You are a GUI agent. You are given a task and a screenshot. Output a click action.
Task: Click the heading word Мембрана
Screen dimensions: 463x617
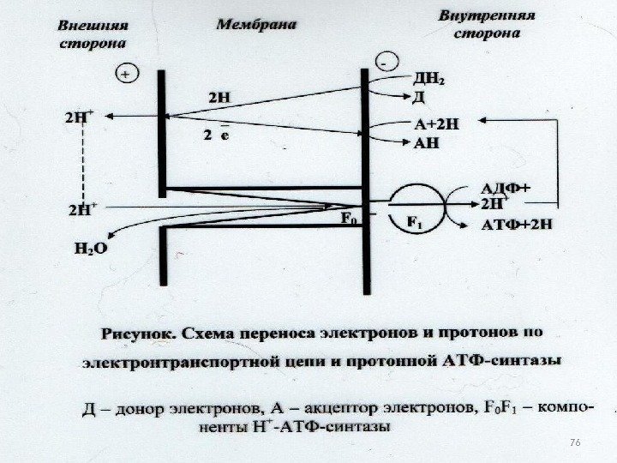255,25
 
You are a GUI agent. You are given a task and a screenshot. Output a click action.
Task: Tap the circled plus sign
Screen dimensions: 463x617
126,75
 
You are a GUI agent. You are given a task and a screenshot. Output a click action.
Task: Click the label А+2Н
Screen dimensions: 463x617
436,123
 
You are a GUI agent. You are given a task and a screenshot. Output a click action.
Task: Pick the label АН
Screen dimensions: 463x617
427,142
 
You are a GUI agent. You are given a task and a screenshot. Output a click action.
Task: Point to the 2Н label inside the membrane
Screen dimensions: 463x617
221,97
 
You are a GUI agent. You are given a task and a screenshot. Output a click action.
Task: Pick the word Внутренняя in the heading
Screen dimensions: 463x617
487,16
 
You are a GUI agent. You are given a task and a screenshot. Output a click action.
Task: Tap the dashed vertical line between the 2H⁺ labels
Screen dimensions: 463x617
85,164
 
